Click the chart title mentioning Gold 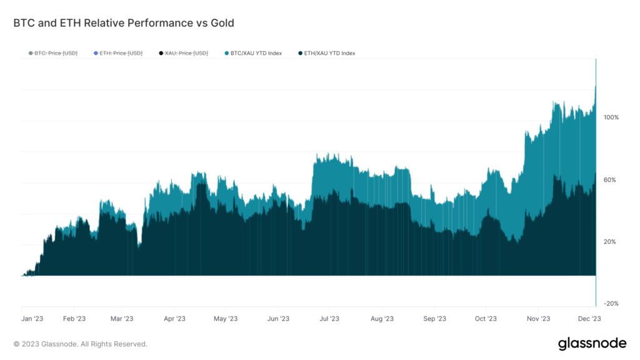[124, 23]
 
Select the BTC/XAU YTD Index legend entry [256, 53]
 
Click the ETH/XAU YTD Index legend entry [330, 53]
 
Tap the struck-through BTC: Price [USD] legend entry [56, 53]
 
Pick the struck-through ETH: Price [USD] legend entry [121, 53]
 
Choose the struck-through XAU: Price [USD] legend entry [186, 53]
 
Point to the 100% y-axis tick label [611, 117]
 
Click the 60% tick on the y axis [611, 180]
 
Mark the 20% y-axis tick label [611, 242]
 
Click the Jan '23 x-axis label [32, 319]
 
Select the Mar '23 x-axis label [122, 319]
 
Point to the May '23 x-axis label [226, 319]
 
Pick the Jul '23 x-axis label [329, 319]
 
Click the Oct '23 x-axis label [485, 319]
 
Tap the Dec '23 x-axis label [589, 319]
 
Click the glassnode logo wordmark [591, 343]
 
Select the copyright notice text [80, 344]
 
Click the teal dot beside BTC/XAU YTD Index [226, 53]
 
